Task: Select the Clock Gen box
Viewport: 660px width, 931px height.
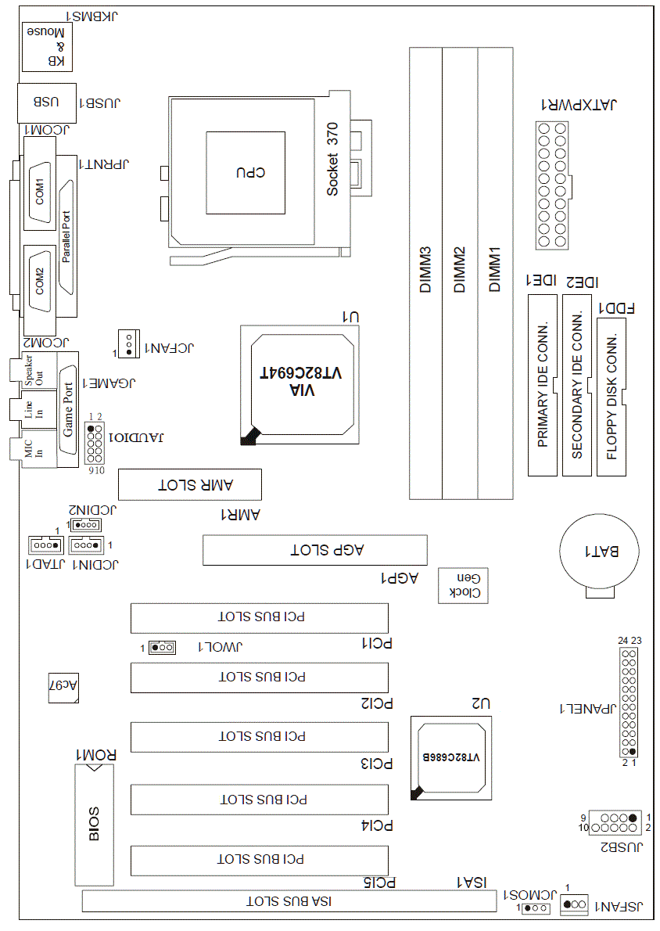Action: [x=463, y=584]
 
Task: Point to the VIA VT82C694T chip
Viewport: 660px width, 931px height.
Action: [x=301, y=382]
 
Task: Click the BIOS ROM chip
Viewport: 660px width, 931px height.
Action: [x=94, y=824]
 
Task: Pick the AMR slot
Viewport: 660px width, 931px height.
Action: [x=189, y=485]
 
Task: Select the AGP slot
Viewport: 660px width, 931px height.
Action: [x=315, y=550]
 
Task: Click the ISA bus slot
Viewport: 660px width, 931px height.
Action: [x=289, y=901]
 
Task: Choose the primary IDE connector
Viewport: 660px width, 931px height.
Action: [x=543, y=385]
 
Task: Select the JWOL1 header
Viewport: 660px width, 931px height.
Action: [x=163, y=647]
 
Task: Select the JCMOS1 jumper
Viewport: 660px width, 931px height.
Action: [x=535, y=908]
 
